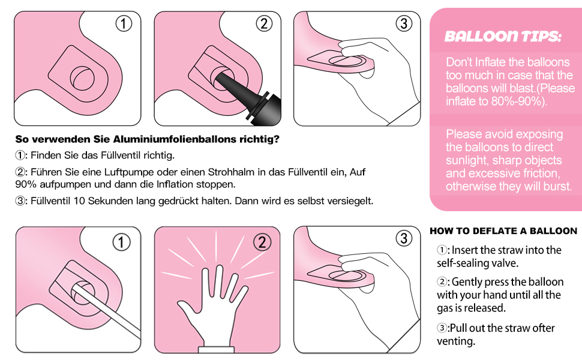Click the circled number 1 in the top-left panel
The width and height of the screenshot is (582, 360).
point(124,24)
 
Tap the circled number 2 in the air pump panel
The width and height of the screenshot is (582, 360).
point(264,24)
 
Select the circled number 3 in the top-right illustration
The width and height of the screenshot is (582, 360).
point(404,24)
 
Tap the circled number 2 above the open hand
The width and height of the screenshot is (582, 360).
point(262,242)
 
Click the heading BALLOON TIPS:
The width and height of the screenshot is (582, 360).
point(503,37)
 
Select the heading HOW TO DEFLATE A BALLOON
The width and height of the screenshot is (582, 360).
point(503,231)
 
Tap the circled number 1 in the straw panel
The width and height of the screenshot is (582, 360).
point(121,242)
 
